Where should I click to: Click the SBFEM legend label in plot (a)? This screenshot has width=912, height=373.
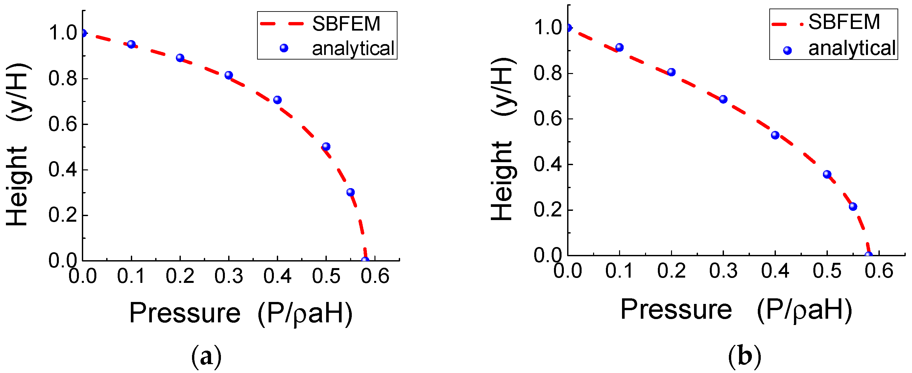tap(346, 24)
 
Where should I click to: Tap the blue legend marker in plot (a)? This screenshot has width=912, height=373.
tap(284, 48)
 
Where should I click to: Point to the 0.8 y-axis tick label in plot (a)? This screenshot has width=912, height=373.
tap(63, 78)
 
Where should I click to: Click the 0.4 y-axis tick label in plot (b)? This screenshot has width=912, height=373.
tap(548, 164)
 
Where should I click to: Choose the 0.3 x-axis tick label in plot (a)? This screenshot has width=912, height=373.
tap(229, 276)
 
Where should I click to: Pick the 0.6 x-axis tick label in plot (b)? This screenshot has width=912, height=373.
tap(879, 271)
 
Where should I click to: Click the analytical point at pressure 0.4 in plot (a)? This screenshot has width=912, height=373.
tap(277, 100)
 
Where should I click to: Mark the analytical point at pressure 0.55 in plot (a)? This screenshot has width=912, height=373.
tap(350, 192)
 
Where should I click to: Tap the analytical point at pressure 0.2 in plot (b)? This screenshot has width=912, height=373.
tap(671, 72)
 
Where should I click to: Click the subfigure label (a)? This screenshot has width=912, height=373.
tap(206, 357)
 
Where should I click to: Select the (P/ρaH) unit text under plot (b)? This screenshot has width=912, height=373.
tap(804, 310)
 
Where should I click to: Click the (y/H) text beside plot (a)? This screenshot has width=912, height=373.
tap(18, 92)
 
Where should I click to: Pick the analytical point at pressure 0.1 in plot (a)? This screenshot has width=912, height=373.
tap(132, 44)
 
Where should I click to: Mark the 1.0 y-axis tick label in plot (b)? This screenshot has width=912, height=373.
tap(548, 28)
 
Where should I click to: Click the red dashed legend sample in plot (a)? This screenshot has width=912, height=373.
tap(282, 24)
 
